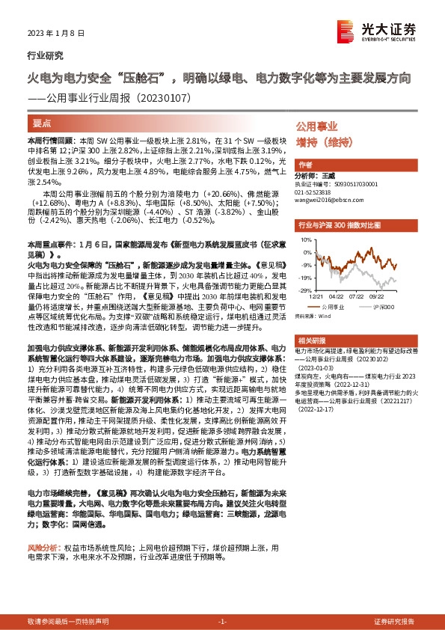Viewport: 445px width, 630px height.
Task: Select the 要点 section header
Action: coord(42,122)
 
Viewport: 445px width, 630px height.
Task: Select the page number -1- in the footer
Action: coord(221,622)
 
